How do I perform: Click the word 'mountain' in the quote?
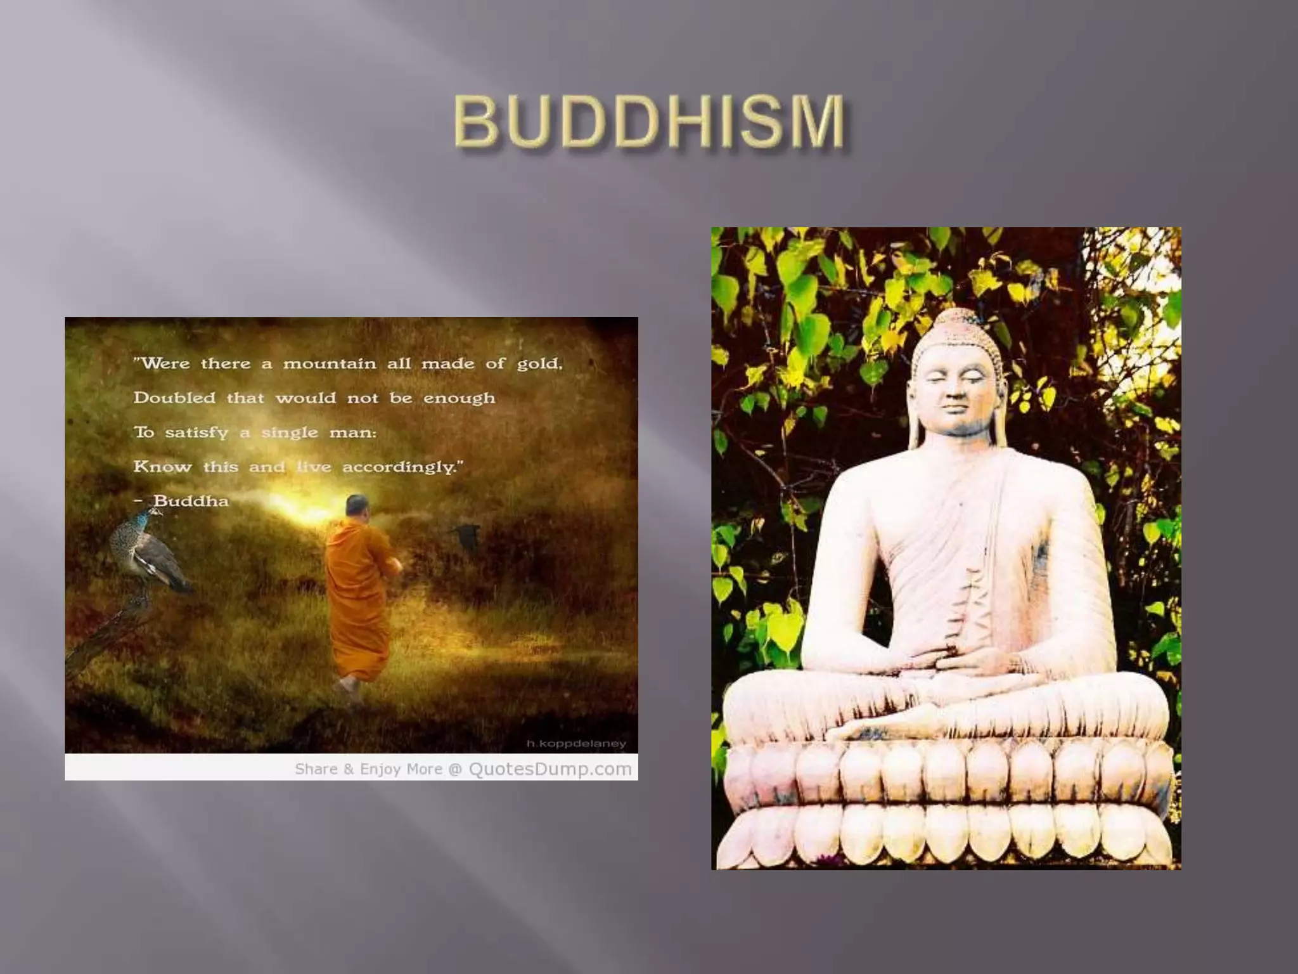pos(329,364)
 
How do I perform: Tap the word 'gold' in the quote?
pos(539,364)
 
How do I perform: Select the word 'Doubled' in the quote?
pos(174,398)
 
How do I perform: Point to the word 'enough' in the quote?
pos(459,399)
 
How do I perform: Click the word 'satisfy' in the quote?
pos(196,433)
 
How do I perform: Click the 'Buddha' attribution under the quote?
pos(191,501)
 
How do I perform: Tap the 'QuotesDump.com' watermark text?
pos(550,769)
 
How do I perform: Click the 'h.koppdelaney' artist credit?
pos(576,743)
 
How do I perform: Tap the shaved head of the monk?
pos(356,506)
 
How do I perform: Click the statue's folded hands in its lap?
pos(951,663)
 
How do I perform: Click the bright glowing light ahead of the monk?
pos(298,507)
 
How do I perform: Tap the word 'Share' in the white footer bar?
pos(316,769)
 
